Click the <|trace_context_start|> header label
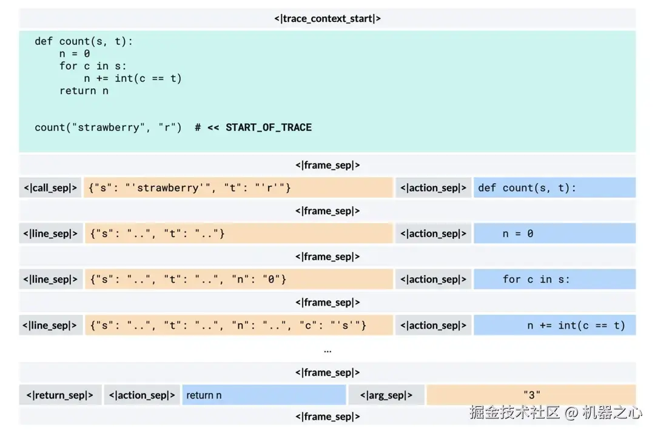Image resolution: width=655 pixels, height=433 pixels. point(327,18)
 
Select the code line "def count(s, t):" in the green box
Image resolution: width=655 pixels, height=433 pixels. point(84,41)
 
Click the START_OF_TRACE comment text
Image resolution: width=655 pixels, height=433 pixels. point(268,127)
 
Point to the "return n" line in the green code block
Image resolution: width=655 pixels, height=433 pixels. point(84,91)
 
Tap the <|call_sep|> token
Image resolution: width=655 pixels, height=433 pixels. point(50,188)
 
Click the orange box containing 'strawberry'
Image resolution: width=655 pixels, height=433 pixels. point(238,188)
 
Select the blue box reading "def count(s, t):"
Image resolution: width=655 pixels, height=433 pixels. point(554,188)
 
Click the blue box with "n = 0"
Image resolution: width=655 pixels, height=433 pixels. point(554,233)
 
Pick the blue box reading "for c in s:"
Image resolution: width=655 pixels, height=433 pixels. point(554,280)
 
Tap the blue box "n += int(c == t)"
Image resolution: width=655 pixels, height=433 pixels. point(554,326)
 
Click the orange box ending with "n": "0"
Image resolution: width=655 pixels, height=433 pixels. point(238,280)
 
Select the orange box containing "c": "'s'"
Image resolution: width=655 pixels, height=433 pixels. point(238,326)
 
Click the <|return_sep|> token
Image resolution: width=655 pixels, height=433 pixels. point(59,395)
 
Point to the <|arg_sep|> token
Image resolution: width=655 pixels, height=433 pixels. point(386,395)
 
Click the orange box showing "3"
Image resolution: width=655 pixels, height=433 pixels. point(531,395)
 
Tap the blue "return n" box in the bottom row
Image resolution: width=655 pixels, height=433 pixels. point(264,395)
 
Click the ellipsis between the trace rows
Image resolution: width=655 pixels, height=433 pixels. point(327,351)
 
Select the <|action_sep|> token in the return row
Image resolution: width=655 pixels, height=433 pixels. point(142,395)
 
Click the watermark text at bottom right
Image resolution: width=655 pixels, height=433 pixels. point(555,413)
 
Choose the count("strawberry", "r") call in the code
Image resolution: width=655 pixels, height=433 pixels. point(108,127)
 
